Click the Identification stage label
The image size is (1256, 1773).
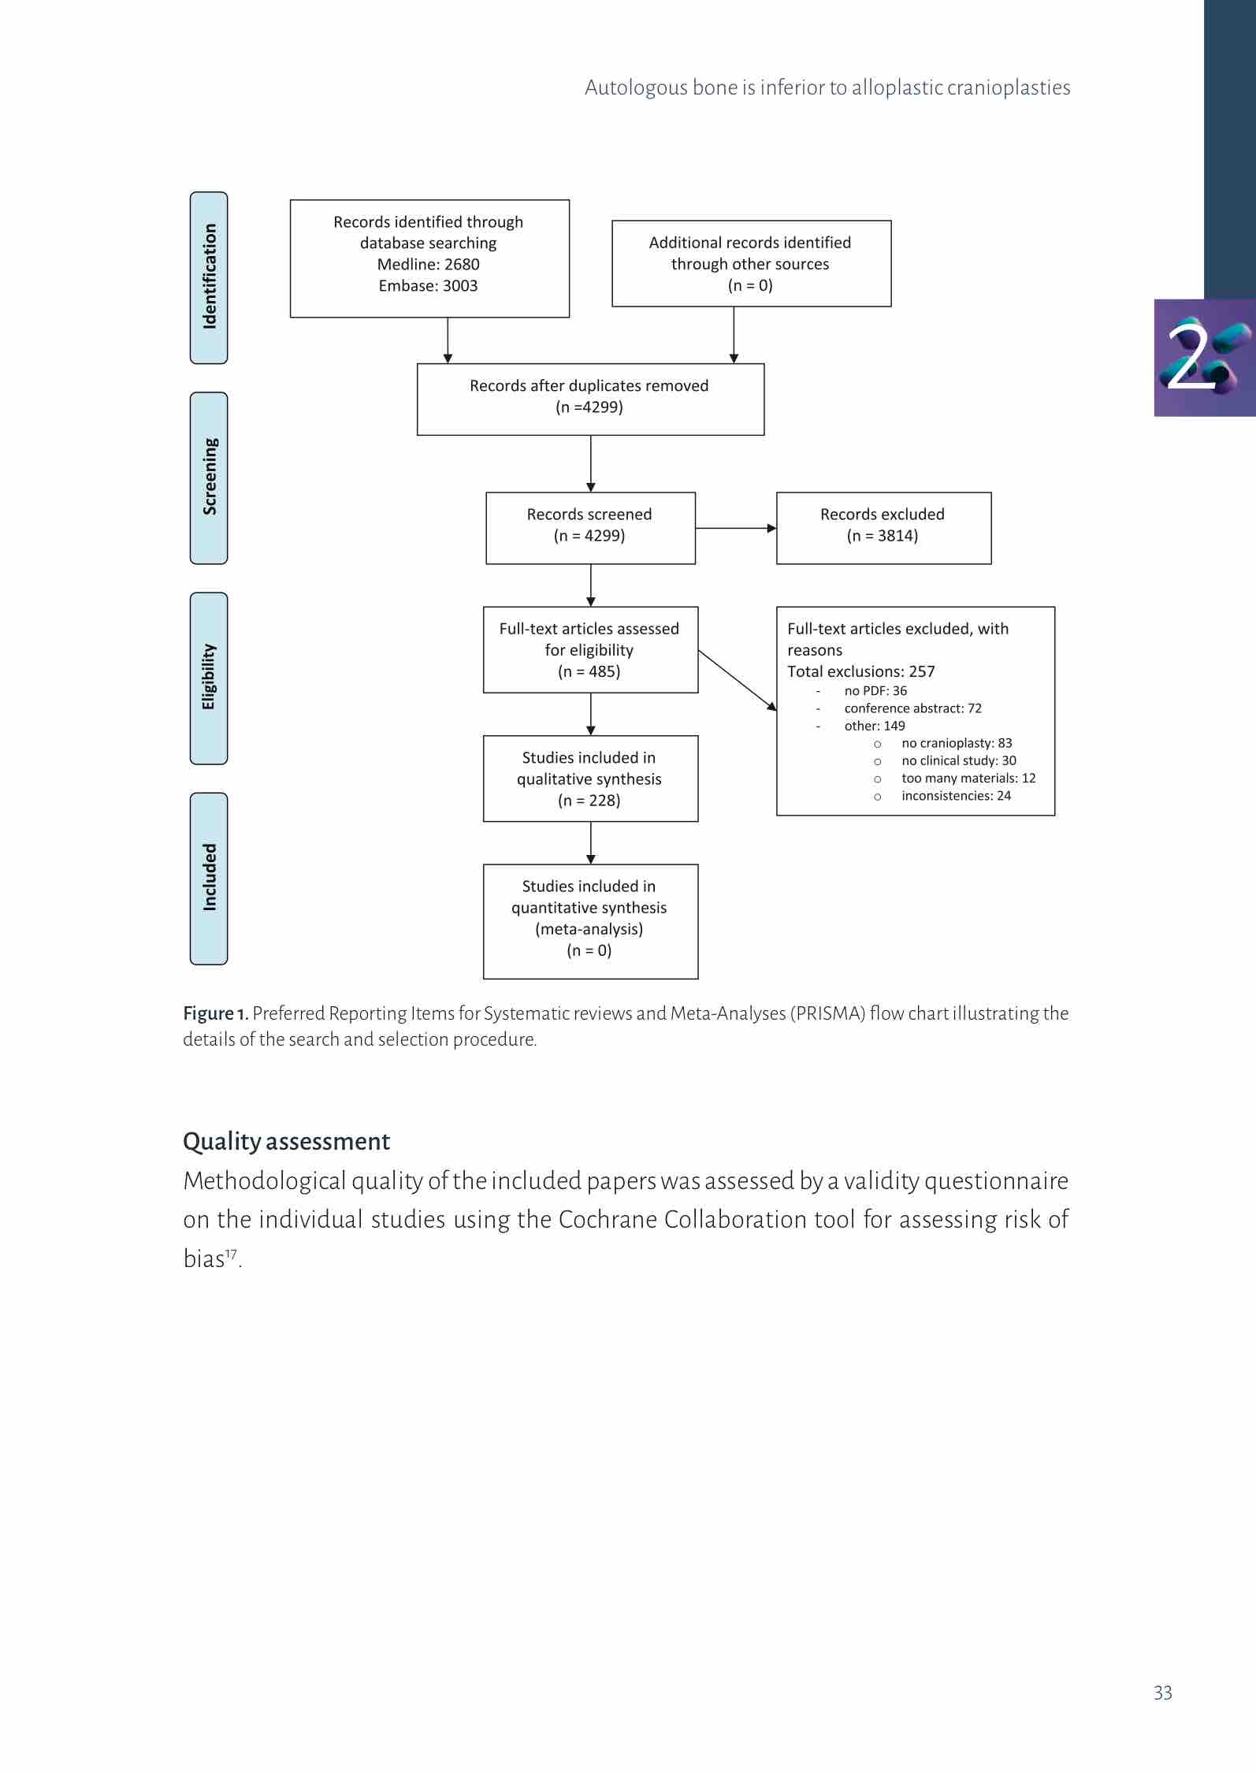[x=209, y=277]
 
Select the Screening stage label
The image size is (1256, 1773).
[x=209, y=478]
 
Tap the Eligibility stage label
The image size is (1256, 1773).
[x=209, y=678]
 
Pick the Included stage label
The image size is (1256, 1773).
[x=209, y=878]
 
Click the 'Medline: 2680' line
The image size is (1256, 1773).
[x=428, y=265]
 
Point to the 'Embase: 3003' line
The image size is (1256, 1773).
[x=428, y=286]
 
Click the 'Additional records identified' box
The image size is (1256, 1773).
[x=751, y=263]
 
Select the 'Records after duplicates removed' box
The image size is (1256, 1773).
[x=590, y=399]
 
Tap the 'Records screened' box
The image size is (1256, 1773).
[x=590, y=528]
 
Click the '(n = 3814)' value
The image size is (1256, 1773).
[x=883, y=536]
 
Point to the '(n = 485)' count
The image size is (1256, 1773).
[x=589, y=671]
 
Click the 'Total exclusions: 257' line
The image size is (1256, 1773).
[x=861, y=671]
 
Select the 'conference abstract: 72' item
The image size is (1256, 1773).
[x=912, y=708]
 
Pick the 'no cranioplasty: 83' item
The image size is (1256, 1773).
[x=957, y=743]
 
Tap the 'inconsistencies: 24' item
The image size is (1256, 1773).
[x=956, y=796]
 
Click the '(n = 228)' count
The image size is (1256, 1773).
[x=589, y=801]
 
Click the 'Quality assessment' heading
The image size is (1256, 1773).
[x=286, y=1141]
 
